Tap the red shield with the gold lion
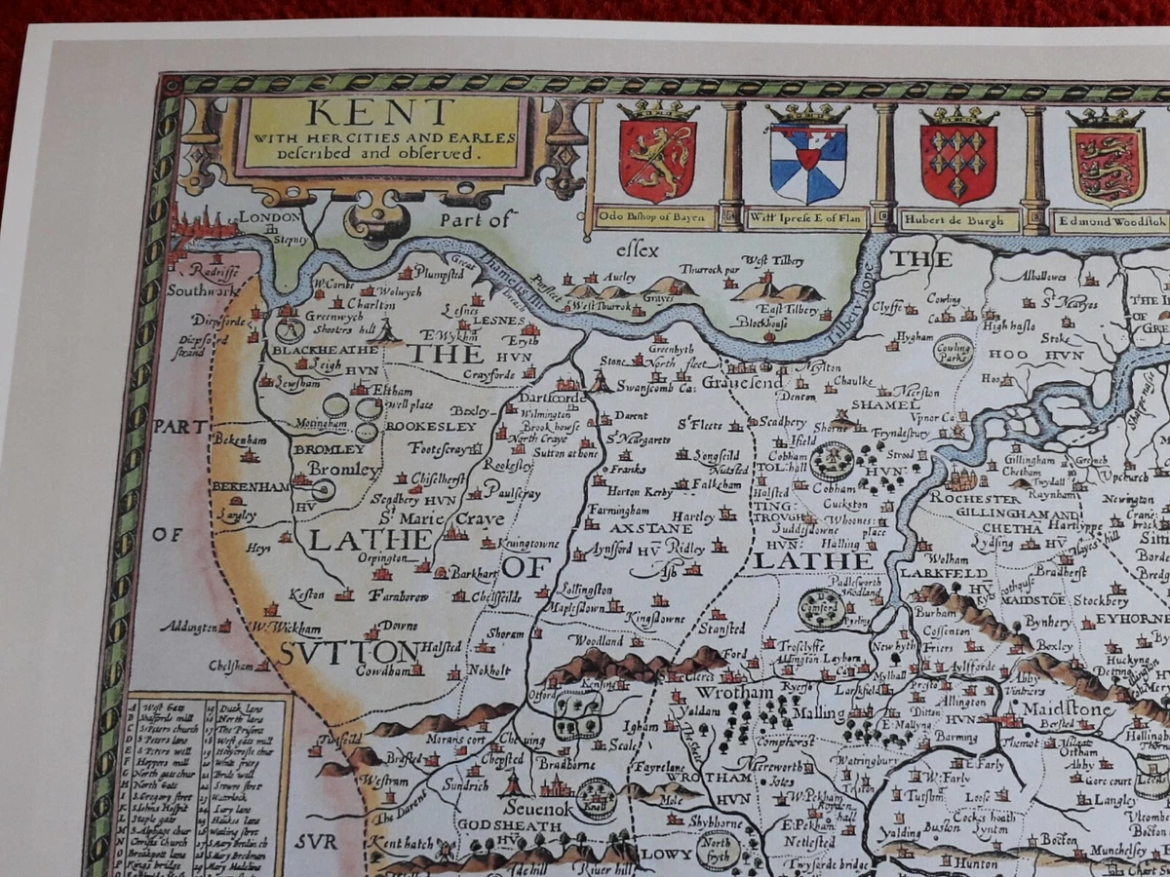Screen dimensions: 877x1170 (x=657, y=159)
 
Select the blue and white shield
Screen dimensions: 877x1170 (x=807, y=161)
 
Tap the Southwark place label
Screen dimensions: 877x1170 (x=202, y=289)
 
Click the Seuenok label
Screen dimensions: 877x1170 (x=540, y=807)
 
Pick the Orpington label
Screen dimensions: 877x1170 (x=387, y=558)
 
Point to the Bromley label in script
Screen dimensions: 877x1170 (x=344, y=470)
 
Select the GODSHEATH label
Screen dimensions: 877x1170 (x=505, y=826)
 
